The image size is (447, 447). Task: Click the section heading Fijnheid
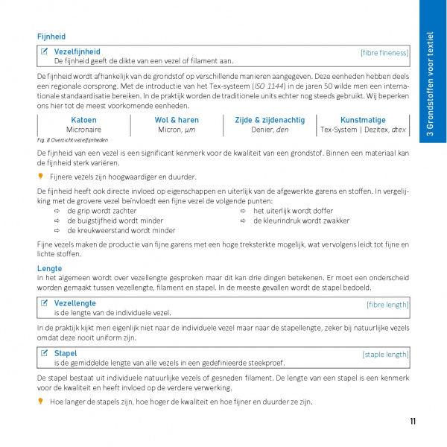pyautogui.click(x=51, y=36)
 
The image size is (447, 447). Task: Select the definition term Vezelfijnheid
pyautogui.click(x=77, y=51)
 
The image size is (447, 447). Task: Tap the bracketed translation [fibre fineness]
pyautogui.click(x=384, y=52)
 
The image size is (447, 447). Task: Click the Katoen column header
pyautogui.click(x=83, y=120)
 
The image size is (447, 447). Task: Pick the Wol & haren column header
pyautogui.click(x=177, y=120)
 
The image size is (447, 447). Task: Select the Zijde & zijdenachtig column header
pyautogui.click(x=269, y=120)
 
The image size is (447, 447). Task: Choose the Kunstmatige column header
pyautogui.click(x=363, y=120)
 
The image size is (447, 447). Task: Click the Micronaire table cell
pyautogui.click(x=83, y=130)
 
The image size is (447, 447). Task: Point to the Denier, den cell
pyautogui.click(x=269, y=130)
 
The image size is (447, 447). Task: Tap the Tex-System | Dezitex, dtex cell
pyautogui.click(x=363, y=130)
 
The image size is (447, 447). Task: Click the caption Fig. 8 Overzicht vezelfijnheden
pyautogui.click(x=72, y=140)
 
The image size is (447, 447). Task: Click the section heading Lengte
pyautogui.click(x=49, y=268)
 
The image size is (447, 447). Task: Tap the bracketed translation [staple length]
pyautogui.click(x=385, y=355)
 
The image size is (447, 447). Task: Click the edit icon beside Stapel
pyautogui.click(x=45, y=353)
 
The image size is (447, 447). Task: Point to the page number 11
pyautogui.click(x=413, y=422)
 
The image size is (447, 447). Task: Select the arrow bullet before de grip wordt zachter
pyautogui.click(x=57, y=211)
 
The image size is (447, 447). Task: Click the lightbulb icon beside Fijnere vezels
pyautogui.click(x=41, y=177)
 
